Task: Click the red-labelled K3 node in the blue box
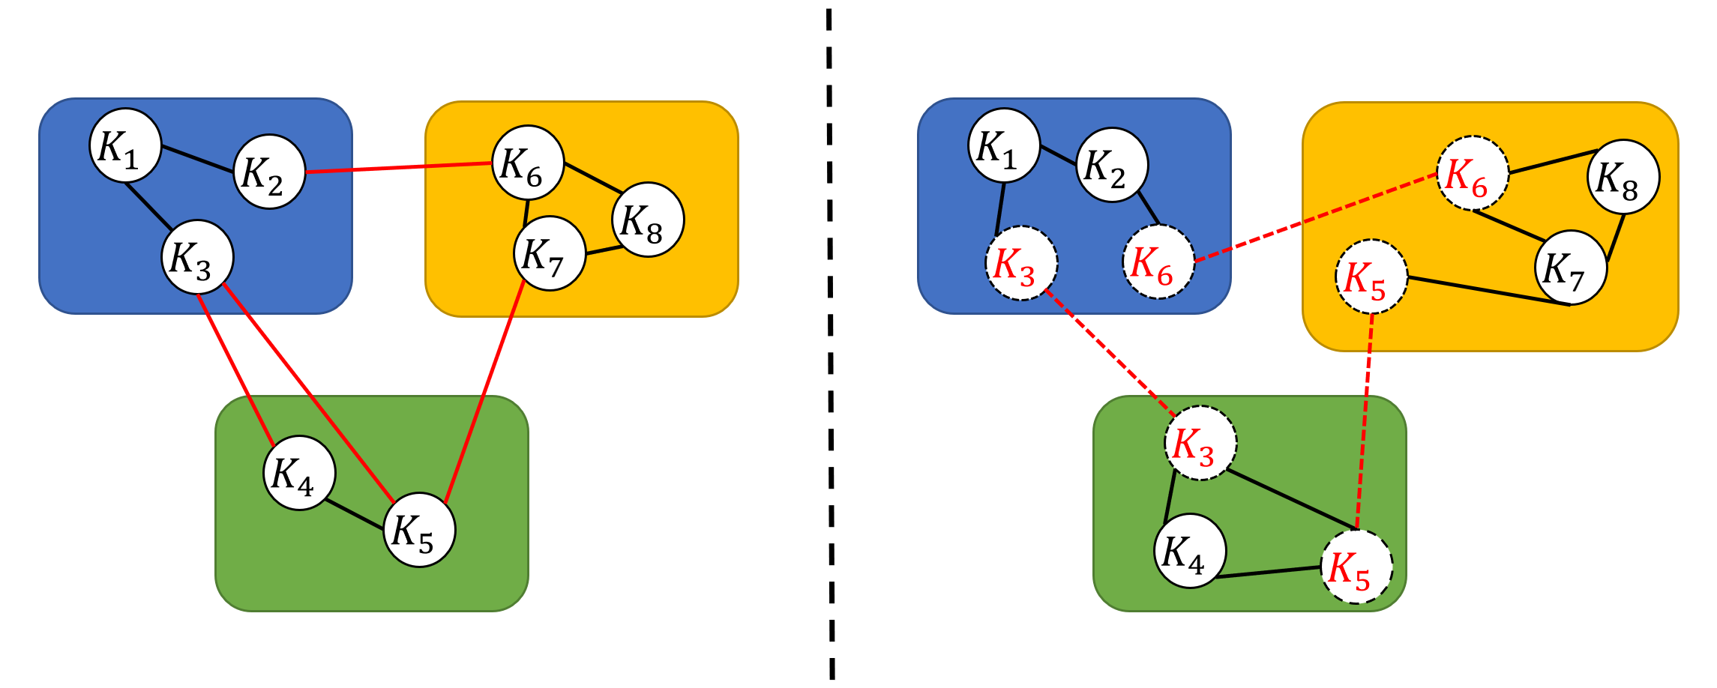point(1021,263)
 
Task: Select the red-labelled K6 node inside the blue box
point(1158,262)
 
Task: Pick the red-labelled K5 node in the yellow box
point(1371,277)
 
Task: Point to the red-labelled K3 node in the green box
point(1200,444)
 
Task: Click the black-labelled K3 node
point(197,257)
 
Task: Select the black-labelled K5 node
point(419,530)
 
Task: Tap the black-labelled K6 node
point(527,163)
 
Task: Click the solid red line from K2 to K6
point(398,167)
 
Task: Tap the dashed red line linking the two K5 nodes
point(1365,420)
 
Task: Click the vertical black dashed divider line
point(830,345)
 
